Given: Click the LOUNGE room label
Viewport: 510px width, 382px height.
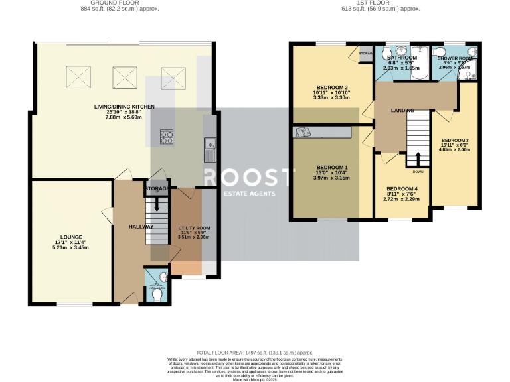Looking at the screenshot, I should [70, 236].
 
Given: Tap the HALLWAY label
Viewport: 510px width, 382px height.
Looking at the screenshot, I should [141, 227].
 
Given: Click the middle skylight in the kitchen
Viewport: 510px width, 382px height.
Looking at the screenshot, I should [124, 77].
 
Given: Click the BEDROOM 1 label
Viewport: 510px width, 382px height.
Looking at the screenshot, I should [332, 167].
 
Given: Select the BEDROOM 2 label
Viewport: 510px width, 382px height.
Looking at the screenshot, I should [332, 88].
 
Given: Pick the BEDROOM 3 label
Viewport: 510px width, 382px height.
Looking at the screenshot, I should [455, 140].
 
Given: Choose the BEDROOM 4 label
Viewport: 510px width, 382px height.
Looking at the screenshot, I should [402, 188].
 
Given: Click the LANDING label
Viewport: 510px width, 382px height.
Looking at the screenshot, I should [402, 110].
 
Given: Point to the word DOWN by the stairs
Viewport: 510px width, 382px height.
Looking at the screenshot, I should [418, 171].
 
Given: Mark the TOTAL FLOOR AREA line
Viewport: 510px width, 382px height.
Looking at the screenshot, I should [255, 353].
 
